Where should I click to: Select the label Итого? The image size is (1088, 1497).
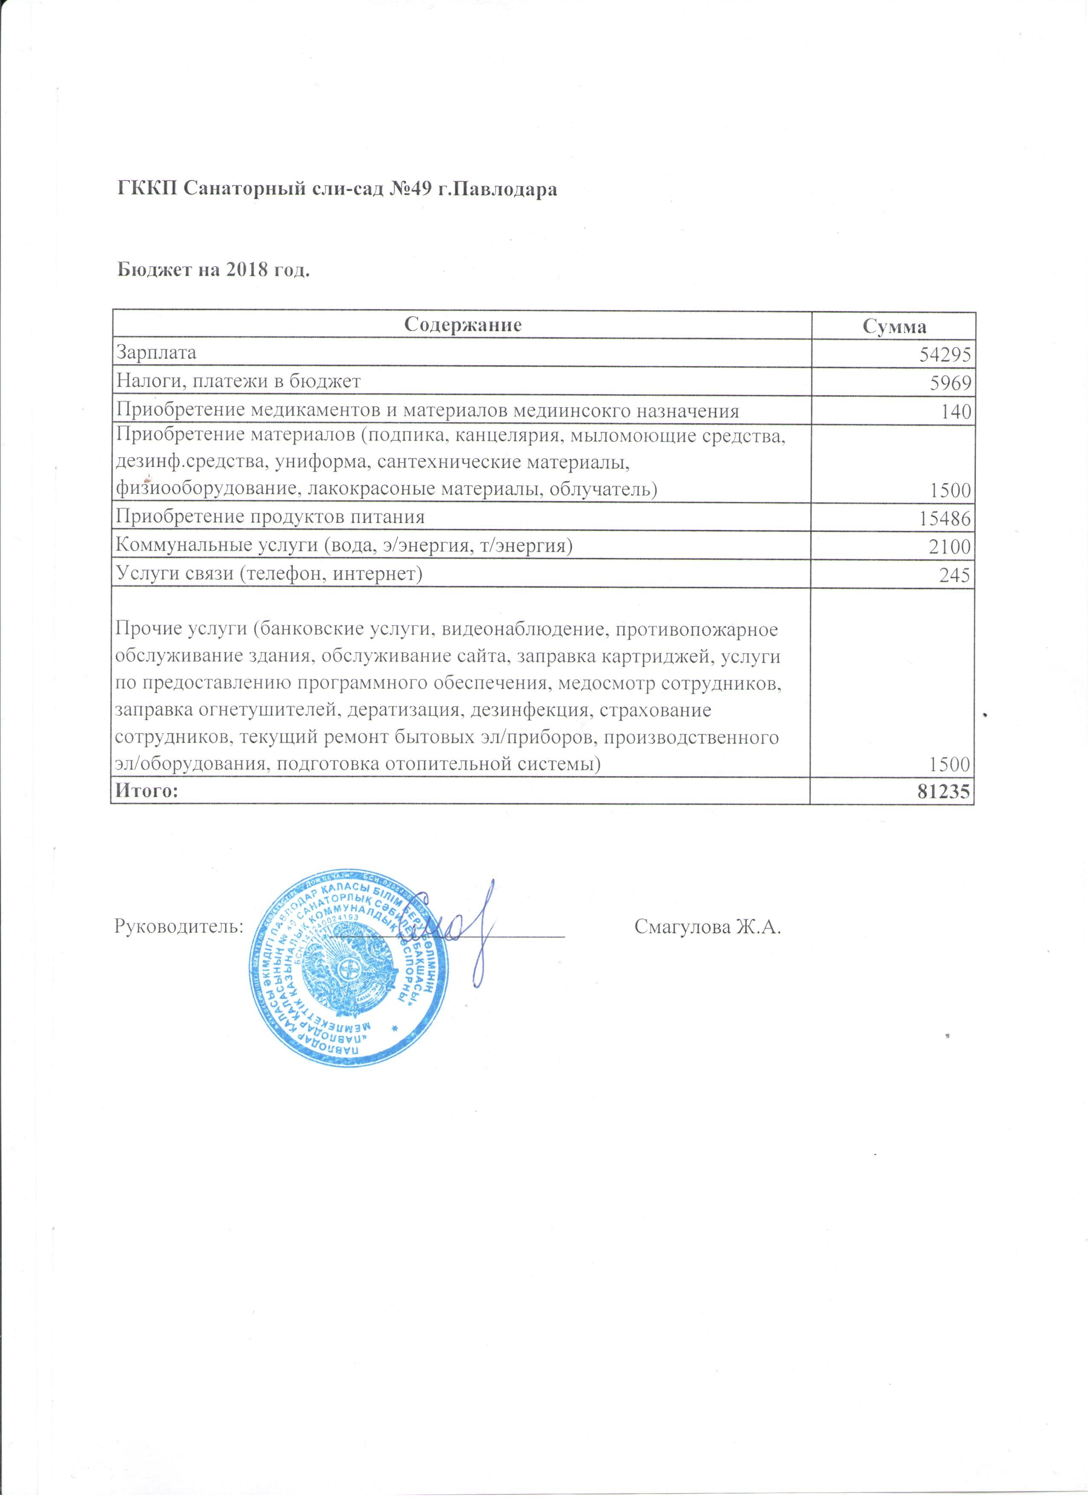pyautogui.click(x=147, y=791)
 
